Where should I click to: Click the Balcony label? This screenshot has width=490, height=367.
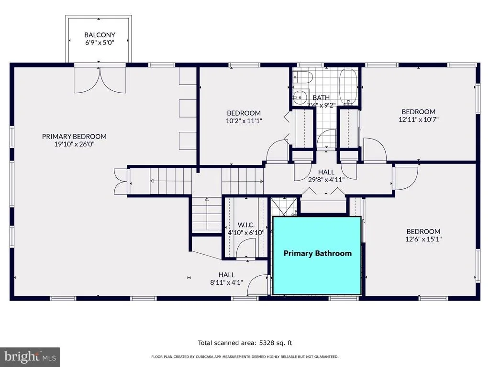click(x=100, y=35)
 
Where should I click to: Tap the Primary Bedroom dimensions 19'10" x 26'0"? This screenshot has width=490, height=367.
click(x=74, y=144)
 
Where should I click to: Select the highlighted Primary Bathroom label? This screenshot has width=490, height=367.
click(x=318, y=253)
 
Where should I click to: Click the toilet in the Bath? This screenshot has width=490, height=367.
click(x=303, y=77)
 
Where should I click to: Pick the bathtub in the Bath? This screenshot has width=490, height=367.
click(x=348, y=87)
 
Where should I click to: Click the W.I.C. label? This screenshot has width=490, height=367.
click(x=246, y=225)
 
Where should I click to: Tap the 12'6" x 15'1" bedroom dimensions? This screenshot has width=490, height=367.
click(x=423, y=239)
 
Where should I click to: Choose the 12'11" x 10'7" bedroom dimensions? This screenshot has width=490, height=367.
click(x=418, y=119)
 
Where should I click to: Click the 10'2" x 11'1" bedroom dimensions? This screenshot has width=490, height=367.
click(x=244, y=121)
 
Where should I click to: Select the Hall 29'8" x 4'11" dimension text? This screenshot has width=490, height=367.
click(x=326, y=180)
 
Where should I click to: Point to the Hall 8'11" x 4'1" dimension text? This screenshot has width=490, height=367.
click(x=226, y=283)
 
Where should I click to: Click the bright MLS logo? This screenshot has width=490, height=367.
click(x=30, y=357)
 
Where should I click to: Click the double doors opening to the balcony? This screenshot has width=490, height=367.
click(x=100, y=80)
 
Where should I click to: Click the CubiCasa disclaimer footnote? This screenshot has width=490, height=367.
click(x=245, y=356)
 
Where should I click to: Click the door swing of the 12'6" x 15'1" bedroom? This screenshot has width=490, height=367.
click(x=406, y=179)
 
